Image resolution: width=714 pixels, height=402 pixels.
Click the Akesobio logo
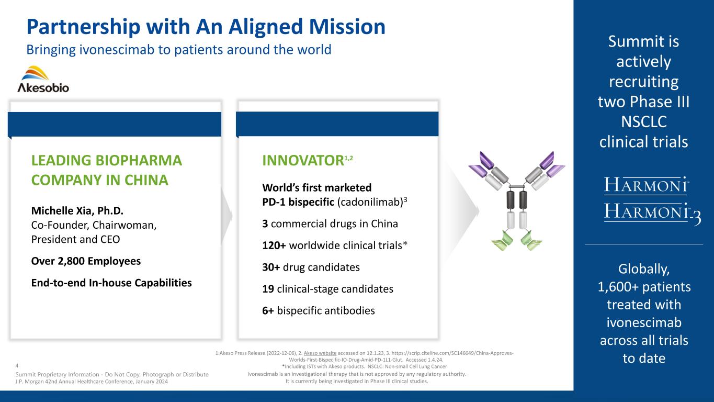[x=43, y=79]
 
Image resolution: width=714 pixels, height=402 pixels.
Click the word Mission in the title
[x=347, y=27]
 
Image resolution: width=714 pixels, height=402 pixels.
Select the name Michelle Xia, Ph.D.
[x=77, y=211]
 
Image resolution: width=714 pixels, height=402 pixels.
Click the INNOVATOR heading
[x=303, y=161]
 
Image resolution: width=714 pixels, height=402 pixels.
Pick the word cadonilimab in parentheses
[x=370, y=202]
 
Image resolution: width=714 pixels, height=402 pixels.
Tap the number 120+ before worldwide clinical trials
[x=274, y=245]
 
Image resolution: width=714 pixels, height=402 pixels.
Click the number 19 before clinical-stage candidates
[x=268, y=289]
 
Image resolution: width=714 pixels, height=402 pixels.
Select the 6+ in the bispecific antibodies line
[x=268, y=310]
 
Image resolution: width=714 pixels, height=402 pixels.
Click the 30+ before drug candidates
[x=270, y=267]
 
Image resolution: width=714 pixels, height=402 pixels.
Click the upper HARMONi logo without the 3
[x=647, y=185]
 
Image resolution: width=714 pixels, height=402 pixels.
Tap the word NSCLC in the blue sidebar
[x=643, y=122]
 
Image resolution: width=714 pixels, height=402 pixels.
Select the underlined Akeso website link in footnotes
[x=320, y=353]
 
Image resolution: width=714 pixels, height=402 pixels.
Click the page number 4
[x=17, y=366]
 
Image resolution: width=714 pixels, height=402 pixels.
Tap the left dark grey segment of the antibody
[x=511, y=200]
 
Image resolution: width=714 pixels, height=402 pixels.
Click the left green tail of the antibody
[x=503, y=240]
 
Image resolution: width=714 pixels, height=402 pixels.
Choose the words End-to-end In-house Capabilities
[x=111, y=283]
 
